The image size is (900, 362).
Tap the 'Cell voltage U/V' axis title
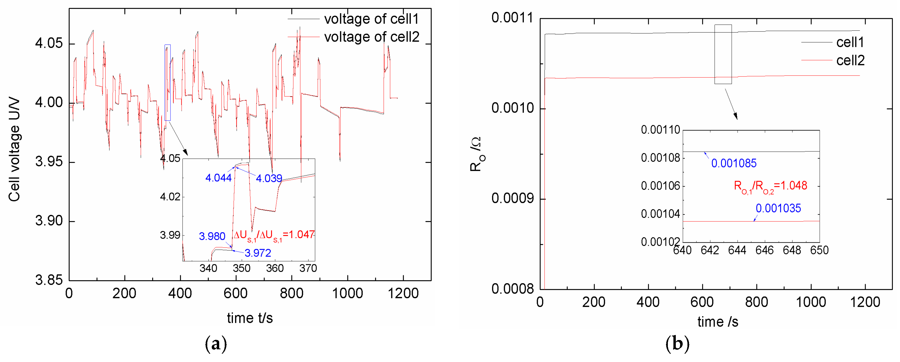[14, 150]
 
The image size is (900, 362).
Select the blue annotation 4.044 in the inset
[218, 178]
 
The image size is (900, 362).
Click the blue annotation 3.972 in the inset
[258, 253]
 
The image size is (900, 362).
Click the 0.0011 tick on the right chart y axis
[512, 18]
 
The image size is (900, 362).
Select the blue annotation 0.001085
[734, 164]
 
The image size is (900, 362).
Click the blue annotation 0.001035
[778, 209]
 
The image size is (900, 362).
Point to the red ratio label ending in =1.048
[770, 186]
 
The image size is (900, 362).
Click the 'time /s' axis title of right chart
[718, 322]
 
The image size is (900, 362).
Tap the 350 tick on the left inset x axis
[241, 268]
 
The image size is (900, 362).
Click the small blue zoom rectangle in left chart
[168, 83]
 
